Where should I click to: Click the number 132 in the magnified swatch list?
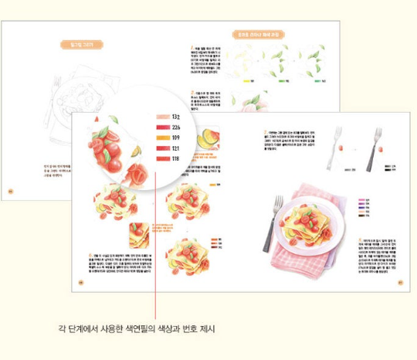[x=175, y=117]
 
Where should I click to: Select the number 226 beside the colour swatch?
[x=175, y=127]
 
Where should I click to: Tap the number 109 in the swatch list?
[x=175, y=138]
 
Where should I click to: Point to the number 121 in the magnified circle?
[x=175, y=148]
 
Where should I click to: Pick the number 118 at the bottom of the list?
[x=175, y=158]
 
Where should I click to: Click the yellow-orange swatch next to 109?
[x=161, y=138]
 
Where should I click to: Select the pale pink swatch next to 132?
[x=161, y=117]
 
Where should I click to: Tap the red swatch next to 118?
[x=161, y=158]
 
